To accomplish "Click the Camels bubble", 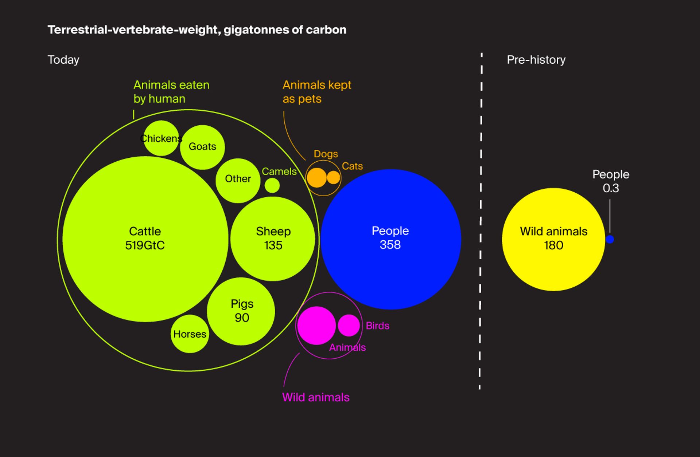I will (x=272, y=185).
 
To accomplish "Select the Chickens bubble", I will (x=161, y=138).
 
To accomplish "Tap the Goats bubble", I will (x=202, y=147).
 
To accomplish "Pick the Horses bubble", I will (x=190, y=334).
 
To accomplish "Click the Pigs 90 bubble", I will (x=241, y=311).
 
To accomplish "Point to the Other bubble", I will (x=238, y=180).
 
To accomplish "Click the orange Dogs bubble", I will (x=316, y=178).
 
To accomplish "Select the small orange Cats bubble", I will (x=333, y=178).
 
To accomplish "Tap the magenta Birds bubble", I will (x=349, y=325).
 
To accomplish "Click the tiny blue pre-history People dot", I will (x=610, y=239).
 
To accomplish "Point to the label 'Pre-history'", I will (x=536, y=60).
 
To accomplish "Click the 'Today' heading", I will (x=63, y=60).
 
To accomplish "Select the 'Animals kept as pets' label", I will (x=316, y=92).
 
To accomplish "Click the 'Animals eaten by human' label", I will (x=171, y=92).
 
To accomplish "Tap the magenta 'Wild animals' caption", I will (x=316, y=397).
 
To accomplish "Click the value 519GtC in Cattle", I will (x=145, y=245).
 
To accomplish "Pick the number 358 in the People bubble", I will (x=390, y=245).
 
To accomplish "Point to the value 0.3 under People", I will (x=611, y=188).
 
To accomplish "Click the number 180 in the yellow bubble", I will (x=553, y=245).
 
